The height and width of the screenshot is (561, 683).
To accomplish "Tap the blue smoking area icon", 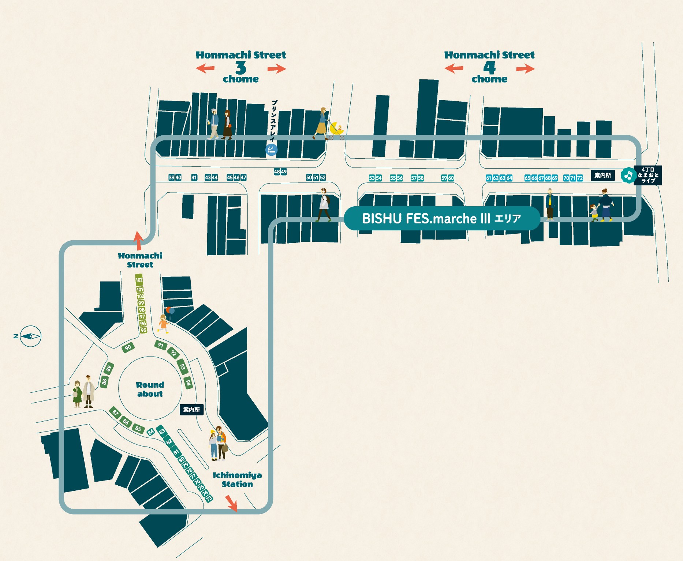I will [271, 149].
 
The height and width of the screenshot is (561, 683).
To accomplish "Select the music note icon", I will [628, 176].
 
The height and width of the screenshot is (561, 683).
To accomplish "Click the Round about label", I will [150, 389].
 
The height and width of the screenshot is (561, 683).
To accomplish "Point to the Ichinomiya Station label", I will [237, 479].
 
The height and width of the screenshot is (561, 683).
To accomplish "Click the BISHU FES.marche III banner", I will [442, 218].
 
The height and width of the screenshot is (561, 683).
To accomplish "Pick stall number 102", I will [139, 280].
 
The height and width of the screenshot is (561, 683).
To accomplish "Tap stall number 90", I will [128, 347].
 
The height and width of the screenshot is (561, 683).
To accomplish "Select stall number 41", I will [194, 178].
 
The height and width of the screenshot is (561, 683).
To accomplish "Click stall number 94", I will [188, 383].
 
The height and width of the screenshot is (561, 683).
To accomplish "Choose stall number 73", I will [209, 498].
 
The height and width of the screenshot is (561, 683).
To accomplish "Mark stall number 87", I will [115, 413].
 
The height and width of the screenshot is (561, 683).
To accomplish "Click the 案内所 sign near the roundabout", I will [191, 410].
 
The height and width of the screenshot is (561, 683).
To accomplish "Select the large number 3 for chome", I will [240, 68].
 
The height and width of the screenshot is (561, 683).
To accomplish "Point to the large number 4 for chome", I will [489, 68].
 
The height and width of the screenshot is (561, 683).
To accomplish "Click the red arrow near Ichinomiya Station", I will [231, 503].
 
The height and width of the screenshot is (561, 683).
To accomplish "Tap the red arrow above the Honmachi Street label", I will [138, 240].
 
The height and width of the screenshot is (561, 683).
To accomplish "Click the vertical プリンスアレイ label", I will [273, 121].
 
